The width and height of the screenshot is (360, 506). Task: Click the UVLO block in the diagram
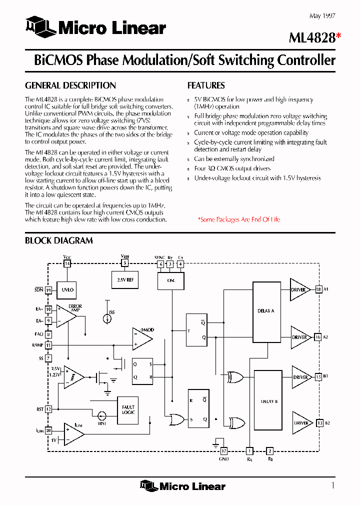coord(67,289)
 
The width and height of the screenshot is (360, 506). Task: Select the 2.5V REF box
coord(125,280)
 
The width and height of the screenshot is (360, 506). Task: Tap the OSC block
coord(170,280)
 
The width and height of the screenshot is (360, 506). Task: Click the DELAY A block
coord(265,311)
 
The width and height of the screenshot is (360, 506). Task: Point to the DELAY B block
coord(268,402)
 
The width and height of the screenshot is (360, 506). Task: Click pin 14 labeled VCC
coord(67,263)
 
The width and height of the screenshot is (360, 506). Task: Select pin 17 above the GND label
coord(223,450)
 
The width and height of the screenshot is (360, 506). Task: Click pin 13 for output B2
coord(319,423)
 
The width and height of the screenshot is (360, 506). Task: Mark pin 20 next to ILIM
coord(48,430)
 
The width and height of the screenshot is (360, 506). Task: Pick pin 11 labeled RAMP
coord(48,345)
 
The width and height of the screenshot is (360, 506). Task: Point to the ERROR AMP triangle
coord(65,316)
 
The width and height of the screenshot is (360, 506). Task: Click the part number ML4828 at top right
coord(312,37)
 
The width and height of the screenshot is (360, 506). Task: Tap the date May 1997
coord(322,16)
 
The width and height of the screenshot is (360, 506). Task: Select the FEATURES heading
coord(206,85)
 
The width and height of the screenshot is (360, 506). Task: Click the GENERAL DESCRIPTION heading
coord(70,85)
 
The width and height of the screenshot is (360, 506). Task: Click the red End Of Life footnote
coord(238,219)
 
